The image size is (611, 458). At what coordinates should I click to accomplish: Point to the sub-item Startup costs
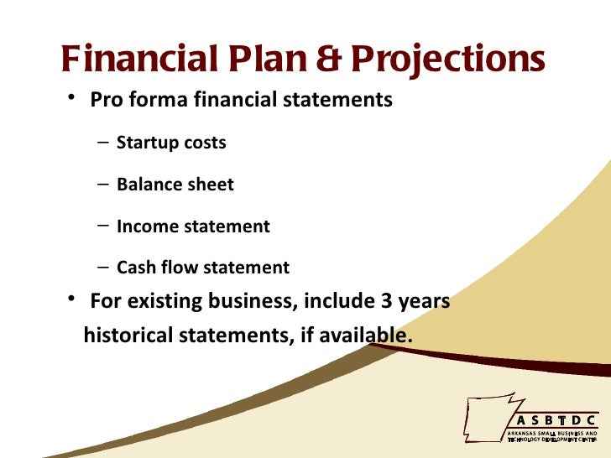(x=171, y=143)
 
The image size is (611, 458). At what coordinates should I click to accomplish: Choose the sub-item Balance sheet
(x=175, y=185)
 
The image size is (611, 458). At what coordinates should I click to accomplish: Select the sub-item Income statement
(x=193, y=226)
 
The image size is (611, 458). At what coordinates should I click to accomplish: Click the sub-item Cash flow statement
(x=202, y=268)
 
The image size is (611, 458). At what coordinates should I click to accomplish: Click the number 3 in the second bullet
(x=387, y=300)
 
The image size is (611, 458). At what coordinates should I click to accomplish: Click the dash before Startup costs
(x=102, y=143)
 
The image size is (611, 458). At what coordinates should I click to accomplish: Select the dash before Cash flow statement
(x=102, y=268)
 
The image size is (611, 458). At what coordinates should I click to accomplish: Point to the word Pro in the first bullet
(x=106, y=101)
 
